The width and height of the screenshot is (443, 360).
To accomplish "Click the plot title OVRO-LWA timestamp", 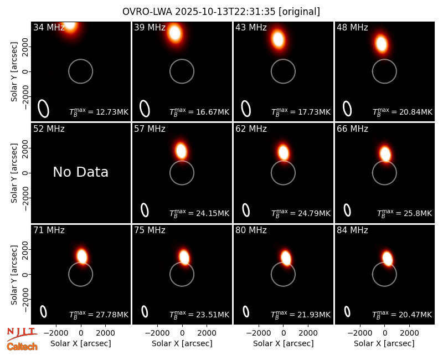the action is coord(221,12).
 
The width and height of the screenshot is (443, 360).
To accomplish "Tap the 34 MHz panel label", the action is coord(49,27).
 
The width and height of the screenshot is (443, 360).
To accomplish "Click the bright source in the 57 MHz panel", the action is coord(181,151).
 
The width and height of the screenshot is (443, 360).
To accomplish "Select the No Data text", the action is coord(80,172).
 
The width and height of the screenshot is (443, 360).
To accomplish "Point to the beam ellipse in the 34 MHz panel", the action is coord(44,108).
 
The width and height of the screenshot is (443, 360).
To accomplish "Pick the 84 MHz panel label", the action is coord(352,230).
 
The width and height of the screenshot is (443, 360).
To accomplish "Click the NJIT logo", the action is coord(22,334).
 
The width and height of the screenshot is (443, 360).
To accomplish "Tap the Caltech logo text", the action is coord(22,347).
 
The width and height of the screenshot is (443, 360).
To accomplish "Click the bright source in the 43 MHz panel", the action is coord(279,39).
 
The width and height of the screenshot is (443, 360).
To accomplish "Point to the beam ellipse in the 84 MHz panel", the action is coord(347,311).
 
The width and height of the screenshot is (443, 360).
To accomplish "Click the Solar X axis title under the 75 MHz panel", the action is coord(182,343).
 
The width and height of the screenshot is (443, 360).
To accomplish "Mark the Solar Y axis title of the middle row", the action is coord(14,173).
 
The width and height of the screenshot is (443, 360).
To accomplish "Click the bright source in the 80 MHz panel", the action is coord(286,258).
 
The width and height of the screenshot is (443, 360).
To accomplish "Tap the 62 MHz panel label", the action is coord(251,129).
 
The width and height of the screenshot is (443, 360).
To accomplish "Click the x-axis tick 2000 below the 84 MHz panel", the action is coord(410,333).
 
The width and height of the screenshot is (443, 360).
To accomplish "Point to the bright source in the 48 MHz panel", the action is coord(382,44).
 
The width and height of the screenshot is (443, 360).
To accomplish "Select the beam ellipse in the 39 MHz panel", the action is coord(145,108).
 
